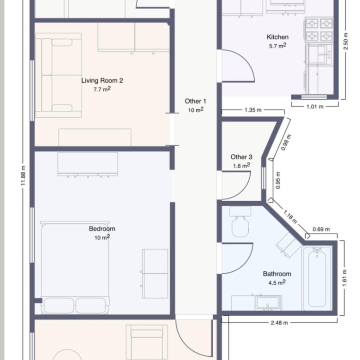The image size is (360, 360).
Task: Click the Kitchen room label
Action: coord(277,37)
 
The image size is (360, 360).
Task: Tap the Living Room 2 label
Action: coord(102,81)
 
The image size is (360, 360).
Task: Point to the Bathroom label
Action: coord(277,274)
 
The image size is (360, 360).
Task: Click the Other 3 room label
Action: coord(241,157)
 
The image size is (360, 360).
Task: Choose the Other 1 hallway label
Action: coord(195,101)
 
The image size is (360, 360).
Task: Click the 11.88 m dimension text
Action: coord(24,176)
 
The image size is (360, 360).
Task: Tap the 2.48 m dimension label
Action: coord(279,323)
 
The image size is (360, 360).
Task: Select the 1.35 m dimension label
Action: coord(253,110)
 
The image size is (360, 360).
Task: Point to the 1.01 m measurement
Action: coord(315,107)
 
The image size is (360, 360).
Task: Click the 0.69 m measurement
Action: coord(321,229)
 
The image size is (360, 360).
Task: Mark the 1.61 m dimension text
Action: coord(345,278)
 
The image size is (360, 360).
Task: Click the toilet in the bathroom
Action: coord(240,222)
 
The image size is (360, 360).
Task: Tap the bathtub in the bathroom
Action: coord(317,278)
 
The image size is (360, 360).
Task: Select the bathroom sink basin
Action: coord(268,303)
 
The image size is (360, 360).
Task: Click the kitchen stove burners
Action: coord(319,30)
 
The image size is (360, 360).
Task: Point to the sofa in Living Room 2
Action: coord(59,75)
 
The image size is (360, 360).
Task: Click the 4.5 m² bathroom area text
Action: coord(277,282)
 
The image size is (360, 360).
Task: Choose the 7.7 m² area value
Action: coord(102,89)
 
